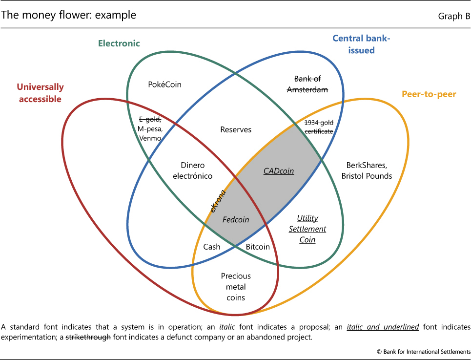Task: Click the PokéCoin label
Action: (x=164, y=85)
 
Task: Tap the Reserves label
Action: (x=236, y=129)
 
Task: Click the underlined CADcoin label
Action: (x=279, y=171)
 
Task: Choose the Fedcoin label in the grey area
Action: (x=236, y=220)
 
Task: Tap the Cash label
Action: (x=212, y=247)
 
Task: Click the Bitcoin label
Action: (x=258, y=247)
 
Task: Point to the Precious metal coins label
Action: (x=233, y=287)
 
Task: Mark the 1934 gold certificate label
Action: (x=319, y=127)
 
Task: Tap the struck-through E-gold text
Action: (x=150, y=119)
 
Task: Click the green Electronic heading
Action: (x=119, y=43)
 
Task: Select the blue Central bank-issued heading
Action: (x=361, y=44)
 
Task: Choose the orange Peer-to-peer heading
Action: (x=429, y=94)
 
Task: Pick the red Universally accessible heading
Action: (x=40, y=93)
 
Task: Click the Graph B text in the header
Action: (x=454, y=16)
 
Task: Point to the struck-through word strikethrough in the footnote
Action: (x=87, y=337)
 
